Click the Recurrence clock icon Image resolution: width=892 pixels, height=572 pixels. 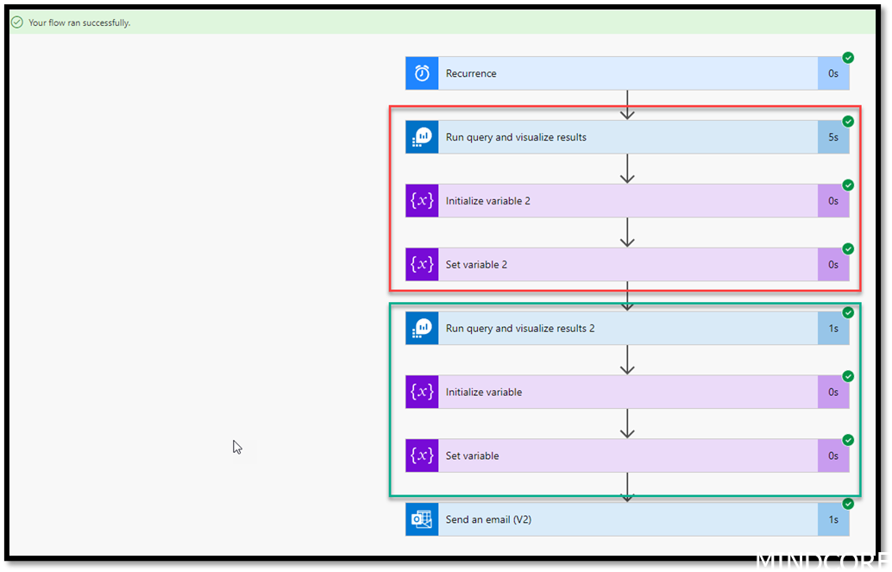(422, 73)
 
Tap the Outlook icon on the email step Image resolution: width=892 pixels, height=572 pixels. (422, 519)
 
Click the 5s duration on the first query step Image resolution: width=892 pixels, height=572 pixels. (832, 137)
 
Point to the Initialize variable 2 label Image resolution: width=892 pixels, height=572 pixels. (487, 201)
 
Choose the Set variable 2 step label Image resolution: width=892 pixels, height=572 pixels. (476, 265)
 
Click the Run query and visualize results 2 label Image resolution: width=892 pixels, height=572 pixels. (519, 329)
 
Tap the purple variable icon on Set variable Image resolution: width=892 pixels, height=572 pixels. (422, 456)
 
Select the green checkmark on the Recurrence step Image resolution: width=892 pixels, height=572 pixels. (848, 58)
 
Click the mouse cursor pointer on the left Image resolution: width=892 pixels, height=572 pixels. (237, 446)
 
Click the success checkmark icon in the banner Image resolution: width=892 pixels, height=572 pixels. (16, 22)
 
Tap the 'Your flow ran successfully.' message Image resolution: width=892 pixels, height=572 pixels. (79, 22)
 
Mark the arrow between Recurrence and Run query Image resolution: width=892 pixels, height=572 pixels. (627, 104)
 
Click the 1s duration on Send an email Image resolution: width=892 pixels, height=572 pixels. (832, 519)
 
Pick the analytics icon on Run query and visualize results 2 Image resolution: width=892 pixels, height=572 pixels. (422, 329)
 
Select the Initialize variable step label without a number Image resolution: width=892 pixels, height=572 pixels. (483, 393)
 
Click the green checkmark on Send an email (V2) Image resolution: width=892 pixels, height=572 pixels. (848, 504)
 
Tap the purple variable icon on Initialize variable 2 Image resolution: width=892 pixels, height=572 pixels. (422, 201)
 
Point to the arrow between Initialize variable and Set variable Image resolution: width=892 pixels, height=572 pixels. (627, 424)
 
